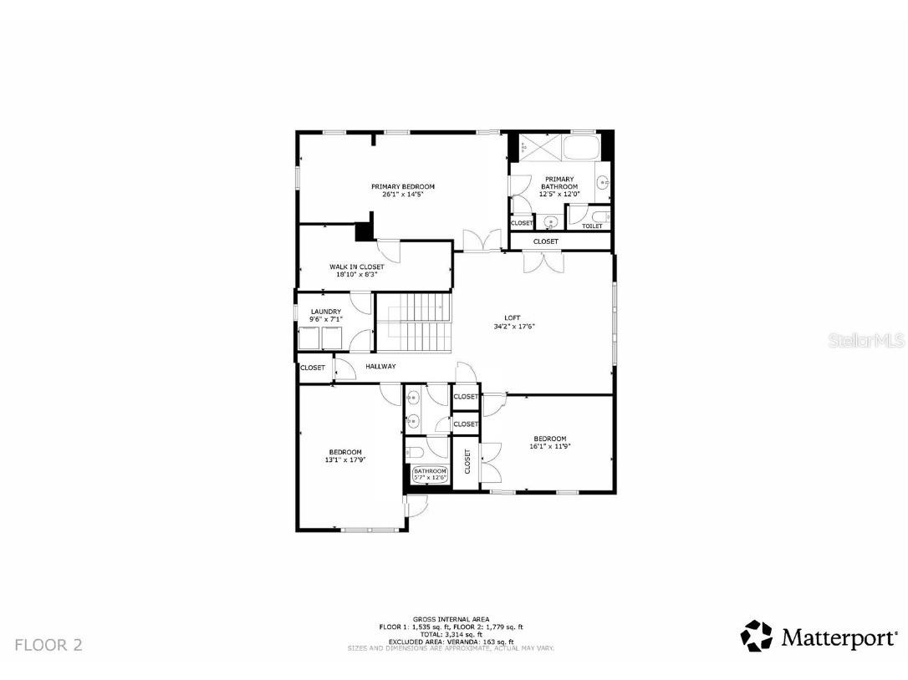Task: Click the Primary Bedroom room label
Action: pos(403,186)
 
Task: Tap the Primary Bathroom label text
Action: pos(559,179)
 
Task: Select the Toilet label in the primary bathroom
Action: pos(591,226)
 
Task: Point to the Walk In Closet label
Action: pos(356,266)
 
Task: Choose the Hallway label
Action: pos(380,367)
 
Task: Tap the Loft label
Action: pos(513,317)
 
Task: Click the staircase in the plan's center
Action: pos(414,322)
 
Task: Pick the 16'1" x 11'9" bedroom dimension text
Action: pos(550,446)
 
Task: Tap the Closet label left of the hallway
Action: pos(313,368)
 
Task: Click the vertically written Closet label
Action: pos(467,461)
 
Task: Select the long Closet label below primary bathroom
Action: pos(546,241)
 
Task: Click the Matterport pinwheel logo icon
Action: pos(757,636)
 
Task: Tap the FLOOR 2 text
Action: pos(48,645)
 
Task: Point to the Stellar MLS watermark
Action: pos(866,341)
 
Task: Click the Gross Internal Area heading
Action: pos(451,619)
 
